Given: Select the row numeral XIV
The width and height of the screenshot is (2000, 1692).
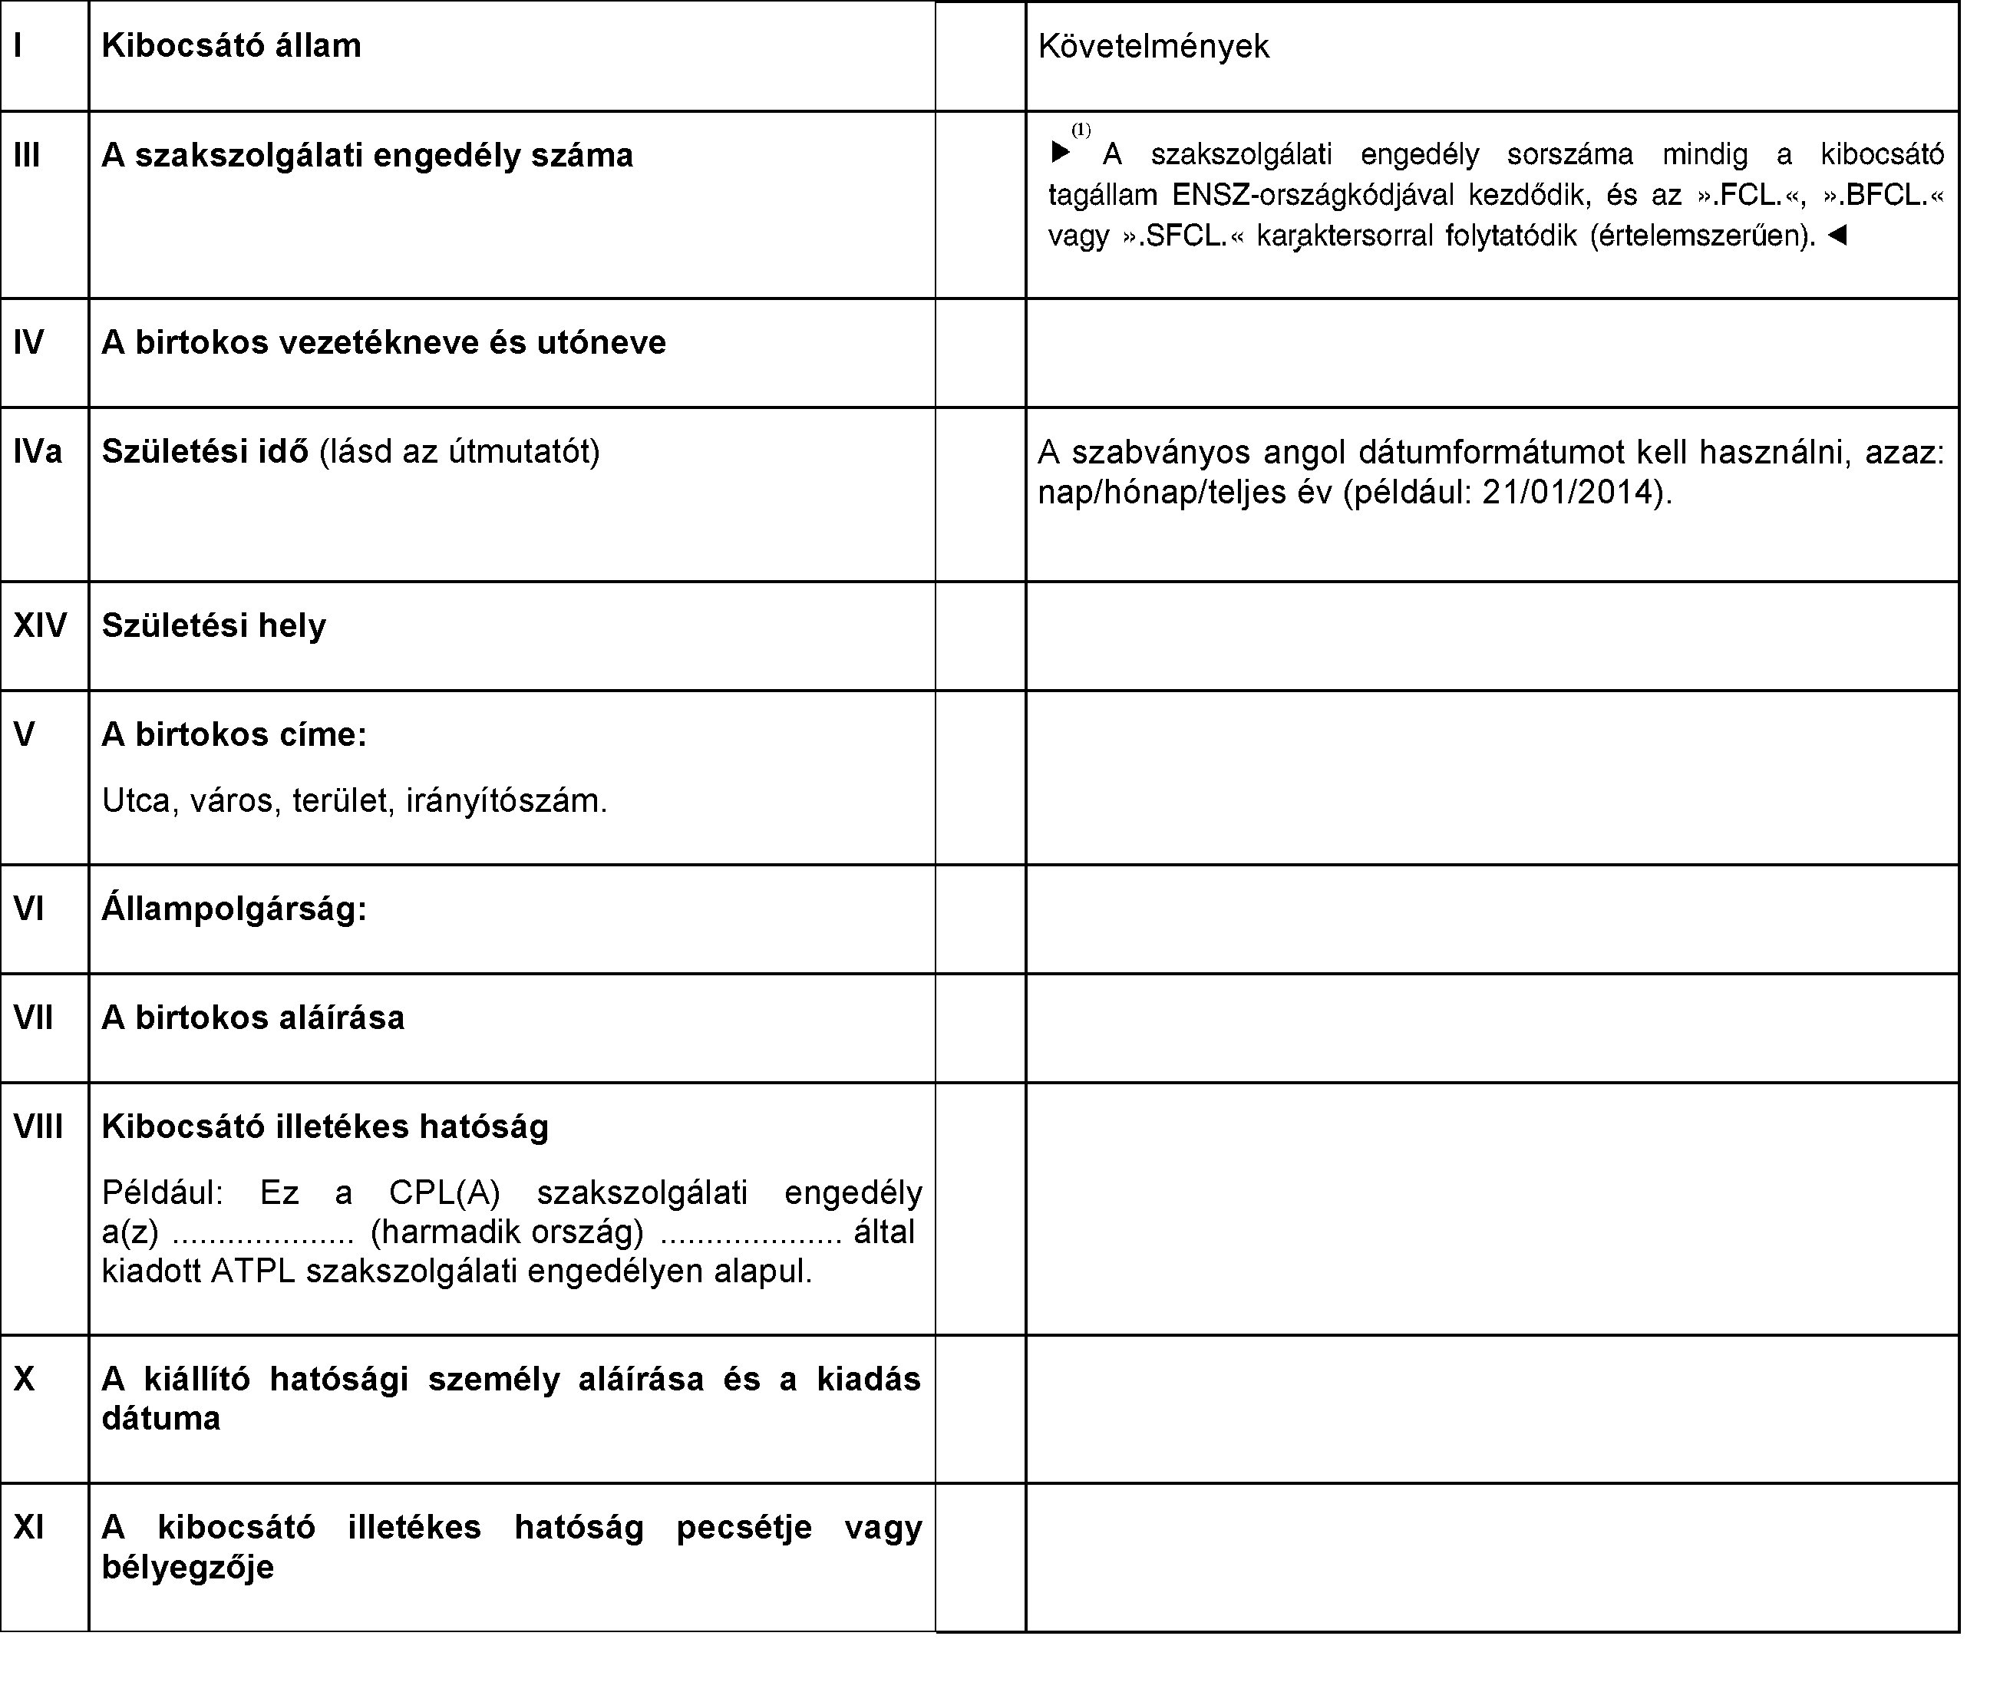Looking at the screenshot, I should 40,626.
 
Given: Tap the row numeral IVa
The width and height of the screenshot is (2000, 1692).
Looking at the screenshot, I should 38,452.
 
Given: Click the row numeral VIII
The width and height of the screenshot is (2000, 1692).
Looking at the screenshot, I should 38,1127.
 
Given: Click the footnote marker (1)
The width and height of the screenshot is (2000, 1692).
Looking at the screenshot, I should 1081,130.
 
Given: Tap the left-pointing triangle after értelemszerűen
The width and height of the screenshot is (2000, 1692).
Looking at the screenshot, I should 1837,235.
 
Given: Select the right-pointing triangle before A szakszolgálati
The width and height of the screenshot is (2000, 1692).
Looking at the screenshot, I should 1060,153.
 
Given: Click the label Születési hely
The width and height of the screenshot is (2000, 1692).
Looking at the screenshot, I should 214,626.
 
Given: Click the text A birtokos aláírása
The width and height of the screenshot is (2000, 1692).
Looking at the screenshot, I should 253,1018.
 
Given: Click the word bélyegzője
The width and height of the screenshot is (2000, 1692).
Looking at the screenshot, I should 188,1567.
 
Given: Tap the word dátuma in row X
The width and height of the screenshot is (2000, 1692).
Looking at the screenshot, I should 161,1419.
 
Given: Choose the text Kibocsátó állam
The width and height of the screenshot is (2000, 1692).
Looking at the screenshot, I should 231,46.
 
